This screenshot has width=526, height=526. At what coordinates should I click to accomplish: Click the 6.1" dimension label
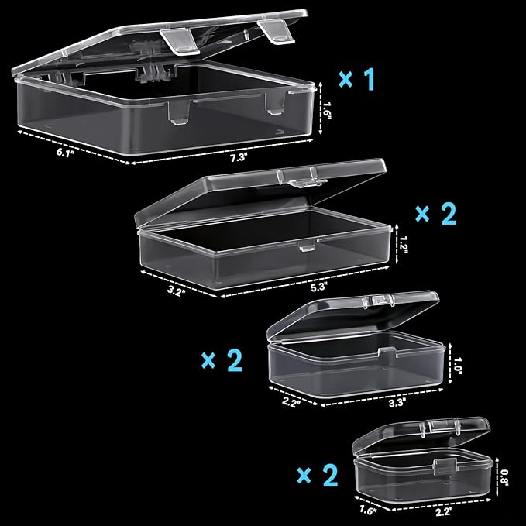[65, 153]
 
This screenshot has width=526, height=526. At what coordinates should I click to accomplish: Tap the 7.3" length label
[239, 156]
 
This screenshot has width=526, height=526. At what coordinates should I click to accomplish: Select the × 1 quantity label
[356, 79]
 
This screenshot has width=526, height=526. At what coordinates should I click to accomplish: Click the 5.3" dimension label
[318, 287]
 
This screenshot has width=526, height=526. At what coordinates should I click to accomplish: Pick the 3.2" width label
[176, 291]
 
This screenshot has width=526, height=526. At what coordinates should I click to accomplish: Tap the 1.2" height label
[403, 245]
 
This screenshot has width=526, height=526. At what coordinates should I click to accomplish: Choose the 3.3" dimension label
[397, 402]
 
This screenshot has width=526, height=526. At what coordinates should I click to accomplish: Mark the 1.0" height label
[458, 366]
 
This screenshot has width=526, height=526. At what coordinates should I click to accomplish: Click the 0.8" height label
[504, 477]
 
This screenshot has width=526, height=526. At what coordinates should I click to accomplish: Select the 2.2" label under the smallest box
[443, 512]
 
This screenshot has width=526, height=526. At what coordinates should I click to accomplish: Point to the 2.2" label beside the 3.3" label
[291, 401]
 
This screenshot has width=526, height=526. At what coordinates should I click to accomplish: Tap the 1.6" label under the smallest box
[368, 511]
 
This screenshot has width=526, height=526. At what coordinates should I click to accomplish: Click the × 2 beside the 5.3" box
[436, 214]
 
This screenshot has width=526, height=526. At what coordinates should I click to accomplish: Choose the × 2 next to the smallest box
[318, 475]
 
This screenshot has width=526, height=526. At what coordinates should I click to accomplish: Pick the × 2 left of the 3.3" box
[222, 360]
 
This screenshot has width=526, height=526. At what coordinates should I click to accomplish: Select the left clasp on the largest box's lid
[180, 42]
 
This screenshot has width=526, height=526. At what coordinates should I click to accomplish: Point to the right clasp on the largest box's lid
[276, 33]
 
